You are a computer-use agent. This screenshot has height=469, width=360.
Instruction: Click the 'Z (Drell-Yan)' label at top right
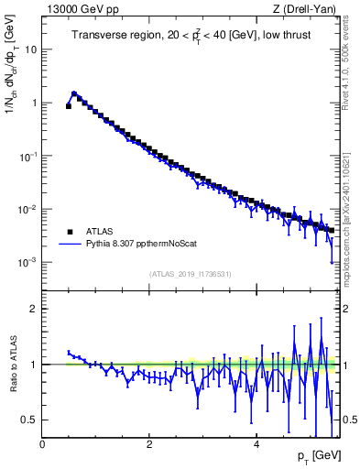coord(303,9)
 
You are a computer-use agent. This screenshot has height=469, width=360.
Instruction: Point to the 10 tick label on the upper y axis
coord(30,49)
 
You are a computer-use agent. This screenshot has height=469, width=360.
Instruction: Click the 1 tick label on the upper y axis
coord(33,103)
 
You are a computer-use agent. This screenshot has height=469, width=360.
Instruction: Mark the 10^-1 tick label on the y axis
coord(28,156)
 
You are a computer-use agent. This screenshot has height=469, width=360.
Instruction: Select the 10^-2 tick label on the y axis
coord(28,209)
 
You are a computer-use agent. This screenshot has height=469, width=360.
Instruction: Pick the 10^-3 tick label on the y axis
coord(28,262)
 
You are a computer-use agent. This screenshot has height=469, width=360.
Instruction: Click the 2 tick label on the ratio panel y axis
coord(33,309)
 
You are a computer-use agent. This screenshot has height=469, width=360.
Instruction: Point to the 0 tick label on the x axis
coord(42,444)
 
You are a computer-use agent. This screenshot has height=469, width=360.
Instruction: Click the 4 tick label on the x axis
coord(256,444)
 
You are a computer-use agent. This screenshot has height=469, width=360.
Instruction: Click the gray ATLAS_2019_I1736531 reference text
coord(190,274)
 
